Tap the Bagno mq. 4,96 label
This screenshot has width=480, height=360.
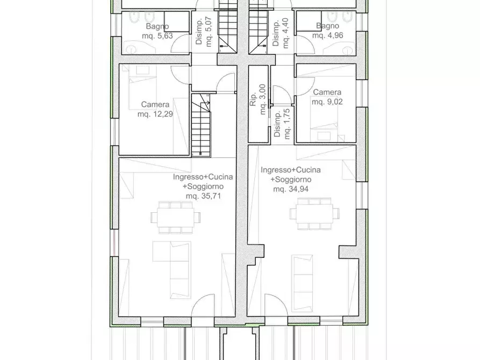327,31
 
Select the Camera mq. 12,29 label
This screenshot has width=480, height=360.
155,109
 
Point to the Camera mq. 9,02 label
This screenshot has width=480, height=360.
327,97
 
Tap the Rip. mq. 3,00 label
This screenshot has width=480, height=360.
259,100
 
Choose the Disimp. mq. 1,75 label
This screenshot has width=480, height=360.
282,124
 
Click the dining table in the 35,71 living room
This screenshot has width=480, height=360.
175,218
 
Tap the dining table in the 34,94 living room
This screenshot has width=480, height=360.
313,213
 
